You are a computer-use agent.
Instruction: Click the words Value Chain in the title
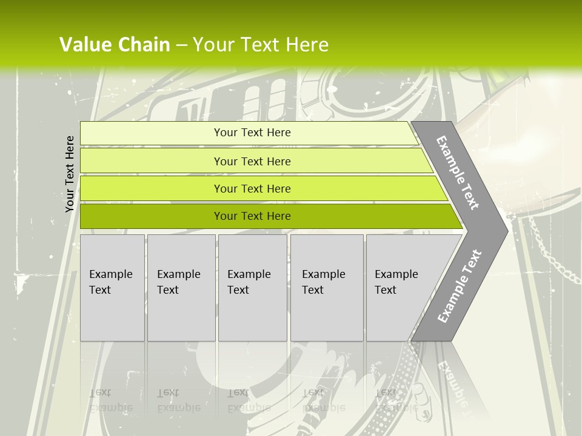point(115,45)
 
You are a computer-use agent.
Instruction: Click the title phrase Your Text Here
point(261,45)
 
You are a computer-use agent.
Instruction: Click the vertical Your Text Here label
point(70,174)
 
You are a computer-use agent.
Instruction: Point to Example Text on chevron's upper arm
point(457,173)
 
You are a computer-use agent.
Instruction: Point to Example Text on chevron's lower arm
point(459,286)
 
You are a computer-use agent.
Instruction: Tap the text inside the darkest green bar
point(252,216)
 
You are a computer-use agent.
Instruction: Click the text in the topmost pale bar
point(252,133)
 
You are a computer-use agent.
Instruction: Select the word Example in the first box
point(110,274)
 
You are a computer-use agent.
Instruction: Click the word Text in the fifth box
point(385,290)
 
